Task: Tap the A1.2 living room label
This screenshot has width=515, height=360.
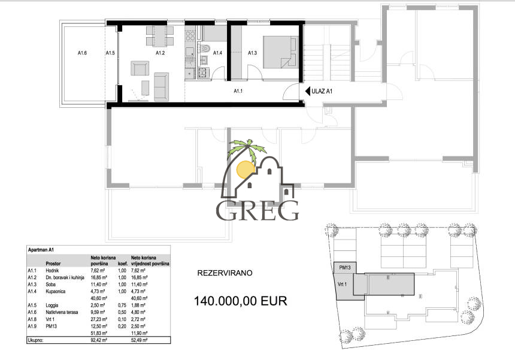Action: click(160, 53)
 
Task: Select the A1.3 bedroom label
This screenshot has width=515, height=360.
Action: click(253, 53)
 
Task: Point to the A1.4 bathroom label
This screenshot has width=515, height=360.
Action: click(218, 53)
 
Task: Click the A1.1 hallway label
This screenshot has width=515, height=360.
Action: click(238, 91)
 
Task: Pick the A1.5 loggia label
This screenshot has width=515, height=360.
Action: click(110, 53)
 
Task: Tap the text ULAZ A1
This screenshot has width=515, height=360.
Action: click(323, 91)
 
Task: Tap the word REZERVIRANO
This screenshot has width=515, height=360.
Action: click(225, 273)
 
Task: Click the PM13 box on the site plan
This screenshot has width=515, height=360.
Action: click(344, 267)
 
